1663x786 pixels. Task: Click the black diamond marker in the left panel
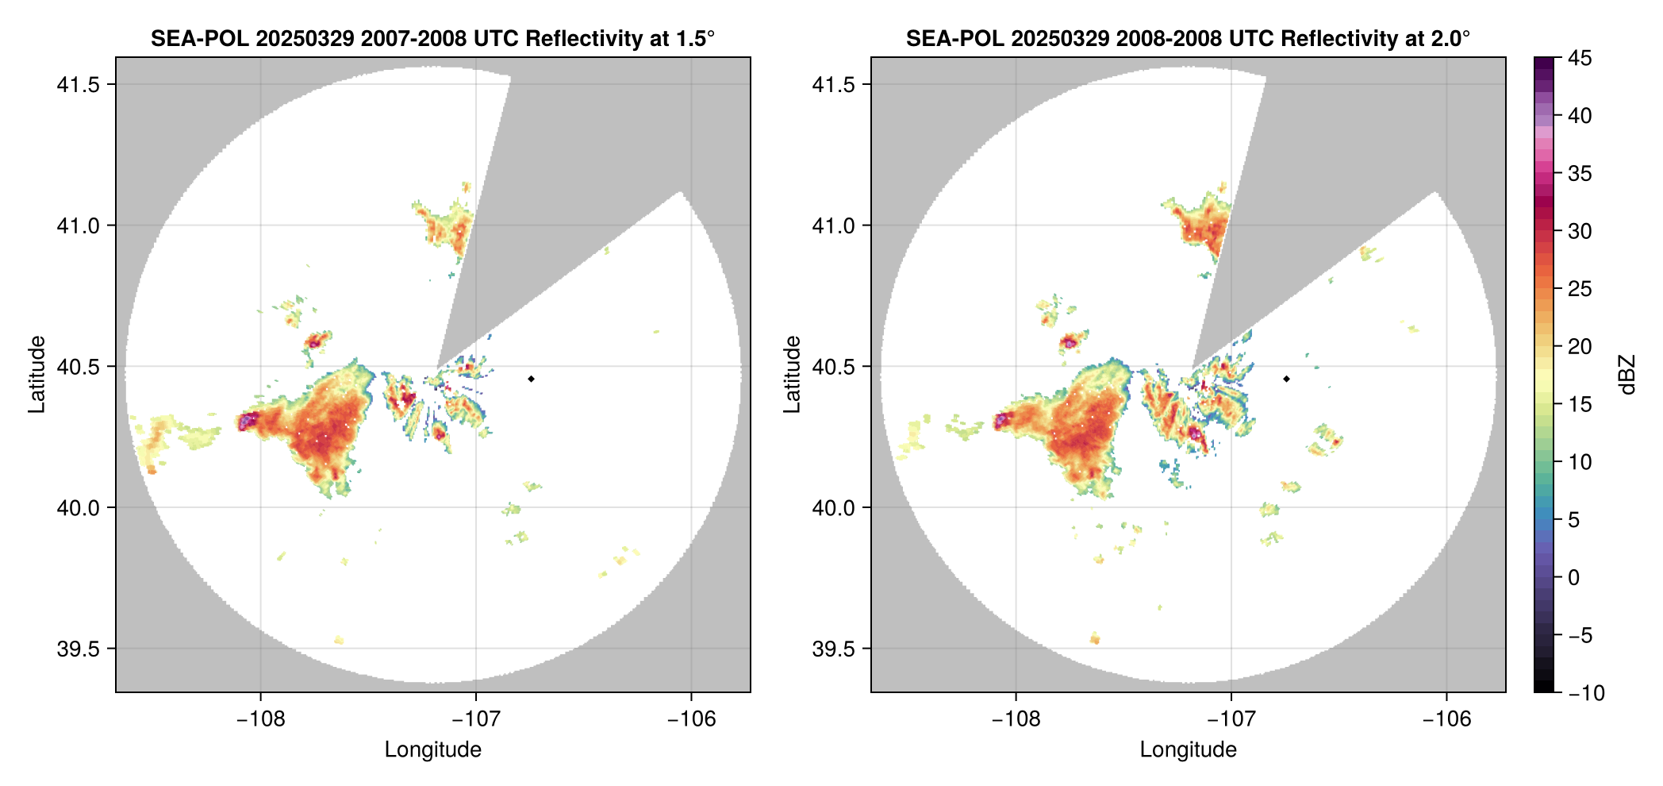click(531, 379)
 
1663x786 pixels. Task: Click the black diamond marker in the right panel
click(1286, 379)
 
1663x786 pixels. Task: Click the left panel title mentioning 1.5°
click(432, 38)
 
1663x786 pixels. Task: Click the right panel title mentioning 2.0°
click(1188, 38)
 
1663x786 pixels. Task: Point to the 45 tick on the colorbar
click(1579, 58)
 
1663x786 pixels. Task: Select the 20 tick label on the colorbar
click(1579, 346)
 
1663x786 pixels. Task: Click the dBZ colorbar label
click(1627, 375)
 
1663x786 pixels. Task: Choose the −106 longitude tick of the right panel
click(1446, 719)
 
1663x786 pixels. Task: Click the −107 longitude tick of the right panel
click(1231, 719)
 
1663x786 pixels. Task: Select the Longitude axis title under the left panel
click(432, 749)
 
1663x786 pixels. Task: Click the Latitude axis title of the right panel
click(791, 375)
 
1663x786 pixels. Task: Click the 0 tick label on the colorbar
click(1574, 577)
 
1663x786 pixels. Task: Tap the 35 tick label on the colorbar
click(1579, 173)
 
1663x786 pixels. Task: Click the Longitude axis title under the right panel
click(1188, 749)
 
